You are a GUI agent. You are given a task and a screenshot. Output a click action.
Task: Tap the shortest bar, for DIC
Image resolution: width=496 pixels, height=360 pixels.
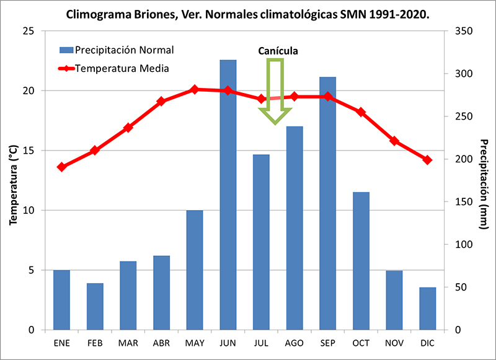coord(427,309)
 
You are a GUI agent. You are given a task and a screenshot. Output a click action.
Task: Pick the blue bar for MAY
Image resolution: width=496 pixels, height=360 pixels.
coord(195,270)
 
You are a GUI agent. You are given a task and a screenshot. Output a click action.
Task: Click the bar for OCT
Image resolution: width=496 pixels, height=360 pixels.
coord(361,261)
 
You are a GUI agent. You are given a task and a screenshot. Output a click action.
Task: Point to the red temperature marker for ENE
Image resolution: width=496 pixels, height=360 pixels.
coord(61,167)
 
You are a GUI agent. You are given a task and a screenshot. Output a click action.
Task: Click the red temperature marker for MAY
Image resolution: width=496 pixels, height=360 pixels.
coord(195,89)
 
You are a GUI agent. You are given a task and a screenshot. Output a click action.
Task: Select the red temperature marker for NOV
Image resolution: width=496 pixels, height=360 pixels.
coord(394,141)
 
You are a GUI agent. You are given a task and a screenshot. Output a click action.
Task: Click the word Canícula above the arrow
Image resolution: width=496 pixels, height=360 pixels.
coord(278,51)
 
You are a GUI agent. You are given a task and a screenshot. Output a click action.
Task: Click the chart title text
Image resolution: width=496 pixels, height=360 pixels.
coord(248,13)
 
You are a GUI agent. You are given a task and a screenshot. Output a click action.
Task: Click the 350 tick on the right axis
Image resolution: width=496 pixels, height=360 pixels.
coord(464,31)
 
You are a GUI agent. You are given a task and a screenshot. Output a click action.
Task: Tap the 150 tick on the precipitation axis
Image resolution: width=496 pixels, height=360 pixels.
coord(464,202)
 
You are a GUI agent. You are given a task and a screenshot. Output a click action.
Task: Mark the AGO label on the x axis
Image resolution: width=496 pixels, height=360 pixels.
coord(294,343)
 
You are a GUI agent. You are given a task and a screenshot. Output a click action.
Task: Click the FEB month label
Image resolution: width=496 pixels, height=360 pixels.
coord(95,343)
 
